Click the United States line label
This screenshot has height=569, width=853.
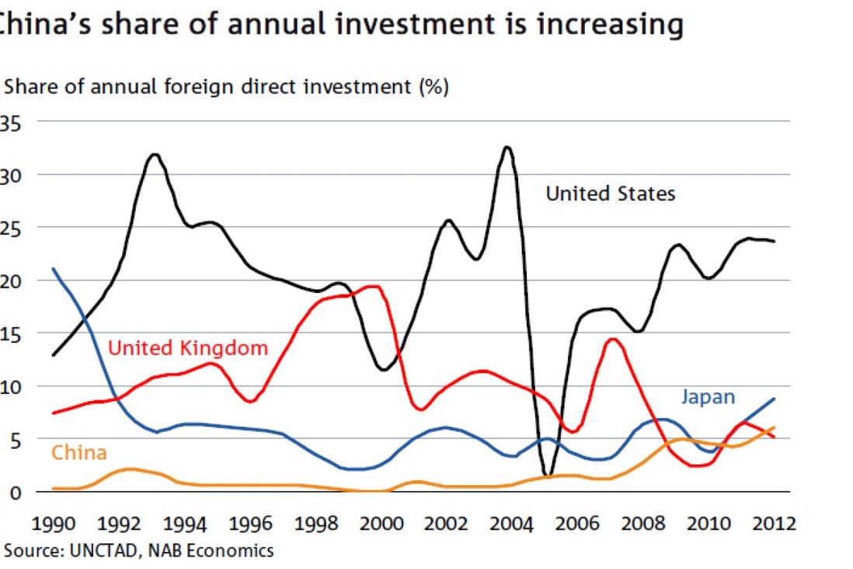tap(611, 194)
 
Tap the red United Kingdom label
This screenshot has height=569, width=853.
tap(187, 347)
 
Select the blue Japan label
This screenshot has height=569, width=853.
tap(708, 397)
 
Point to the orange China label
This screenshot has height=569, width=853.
tap(78, 452)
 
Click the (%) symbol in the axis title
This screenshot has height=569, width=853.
tap(433, 87)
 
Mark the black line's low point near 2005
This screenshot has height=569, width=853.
tap(548, 475)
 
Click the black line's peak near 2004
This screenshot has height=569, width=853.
tap(507, 147)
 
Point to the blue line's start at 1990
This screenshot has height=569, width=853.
tap(53, 269)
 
